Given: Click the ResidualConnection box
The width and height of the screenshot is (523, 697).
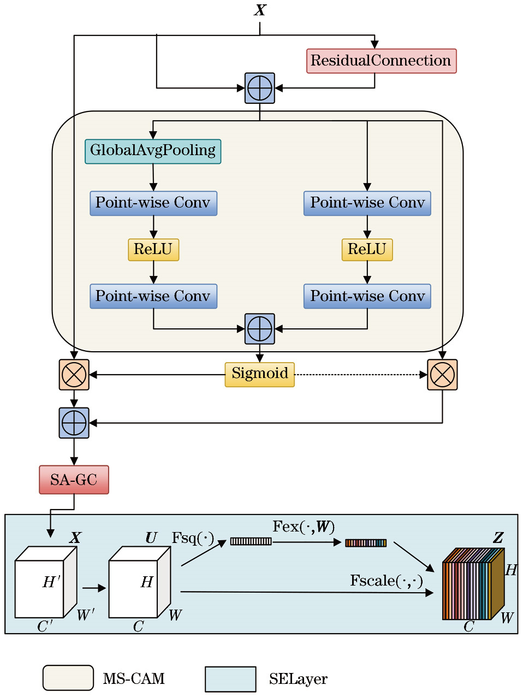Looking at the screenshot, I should pos(381,61).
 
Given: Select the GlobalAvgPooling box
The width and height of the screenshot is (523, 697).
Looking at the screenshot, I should pos(153,151).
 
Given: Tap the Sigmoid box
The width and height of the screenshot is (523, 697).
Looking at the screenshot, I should pos(259,374).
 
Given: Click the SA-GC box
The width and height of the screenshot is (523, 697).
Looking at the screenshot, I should pos(74,480).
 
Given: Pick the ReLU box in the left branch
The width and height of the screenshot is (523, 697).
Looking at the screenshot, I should pos(153,250).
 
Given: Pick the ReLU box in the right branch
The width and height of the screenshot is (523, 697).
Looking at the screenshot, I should pos(367,250).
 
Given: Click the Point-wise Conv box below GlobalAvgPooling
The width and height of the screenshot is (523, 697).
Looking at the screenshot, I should pos(153,203).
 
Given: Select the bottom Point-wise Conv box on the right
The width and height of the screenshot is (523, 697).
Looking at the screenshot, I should pos(367,296).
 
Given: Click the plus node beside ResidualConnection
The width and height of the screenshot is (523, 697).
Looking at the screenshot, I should pos(259,88).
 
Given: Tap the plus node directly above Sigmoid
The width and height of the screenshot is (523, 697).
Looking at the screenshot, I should pos(259,329).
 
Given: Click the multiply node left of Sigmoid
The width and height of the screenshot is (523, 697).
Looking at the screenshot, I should pos(74,375).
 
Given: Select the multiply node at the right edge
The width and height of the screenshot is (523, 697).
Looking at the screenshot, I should pos(442,375).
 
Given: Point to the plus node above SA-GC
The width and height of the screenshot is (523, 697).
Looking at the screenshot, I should pos(74,423).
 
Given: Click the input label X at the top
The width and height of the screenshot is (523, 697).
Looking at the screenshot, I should pos(260,10).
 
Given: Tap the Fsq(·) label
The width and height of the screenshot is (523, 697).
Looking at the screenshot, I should pos(193,539).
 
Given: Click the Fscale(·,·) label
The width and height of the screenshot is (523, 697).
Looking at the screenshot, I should pos(387,581).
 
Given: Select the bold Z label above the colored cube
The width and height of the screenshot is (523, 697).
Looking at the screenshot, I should pos(498,538).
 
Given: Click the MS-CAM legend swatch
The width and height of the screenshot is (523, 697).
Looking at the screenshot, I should pos(68,678).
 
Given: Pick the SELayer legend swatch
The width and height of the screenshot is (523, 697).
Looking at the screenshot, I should pos(230,679).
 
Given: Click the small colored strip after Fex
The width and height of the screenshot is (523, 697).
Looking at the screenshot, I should pos(366,543).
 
